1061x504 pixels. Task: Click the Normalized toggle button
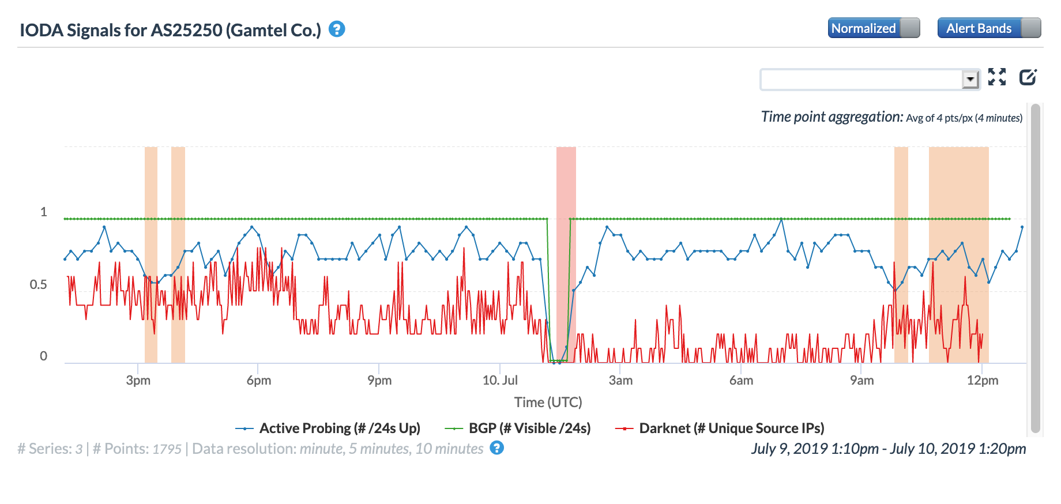873,28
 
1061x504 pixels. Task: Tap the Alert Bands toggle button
988,28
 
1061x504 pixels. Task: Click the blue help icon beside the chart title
337,29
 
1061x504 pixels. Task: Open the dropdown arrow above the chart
970,79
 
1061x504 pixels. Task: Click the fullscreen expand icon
997,77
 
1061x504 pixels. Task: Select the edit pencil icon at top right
1028,77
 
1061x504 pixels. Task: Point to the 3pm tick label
138,381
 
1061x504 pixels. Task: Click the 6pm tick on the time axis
259,381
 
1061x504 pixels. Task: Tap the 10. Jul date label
500,381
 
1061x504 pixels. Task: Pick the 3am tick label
620,381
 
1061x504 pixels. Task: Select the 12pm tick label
983,381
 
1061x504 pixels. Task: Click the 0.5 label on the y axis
39,285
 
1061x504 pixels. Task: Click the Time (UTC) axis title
548,402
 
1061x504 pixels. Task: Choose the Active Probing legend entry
339,428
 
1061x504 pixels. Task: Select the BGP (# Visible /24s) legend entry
529,428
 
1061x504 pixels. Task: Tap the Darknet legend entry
731,428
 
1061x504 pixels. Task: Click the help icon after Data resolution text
496,448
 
